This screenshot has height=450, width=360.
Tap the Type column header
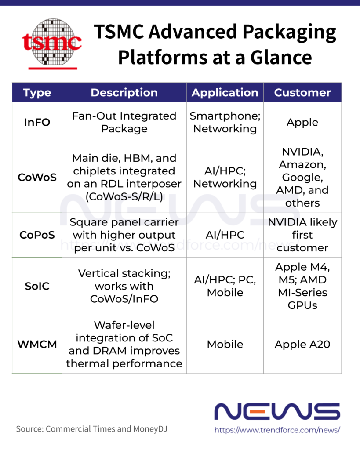37,93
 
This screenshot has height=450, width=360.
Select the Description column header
124,93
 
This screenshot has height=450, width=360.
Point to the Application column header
225,93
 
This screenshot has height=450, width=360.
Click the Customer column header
302,93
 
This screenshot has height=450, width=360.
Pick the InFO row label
37,122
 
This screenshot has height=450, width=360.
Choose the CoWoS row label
37,178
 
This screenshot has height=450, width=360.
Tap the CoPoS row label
37,235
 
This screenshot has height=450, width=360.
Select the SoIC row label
37,286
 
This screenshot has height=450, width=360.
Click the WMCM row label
37,345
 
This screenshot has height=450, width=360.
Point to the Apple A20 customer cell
302,345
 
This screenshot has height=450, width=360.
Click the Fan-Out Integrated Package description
124,122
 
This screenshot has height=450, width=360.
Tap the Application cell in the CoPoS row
225,235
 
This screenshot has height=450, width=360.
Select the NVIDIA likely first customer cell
302,235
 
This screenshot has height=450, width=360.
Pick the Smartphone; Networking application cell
225,122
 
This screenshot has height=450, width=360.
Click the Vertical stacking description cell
124,286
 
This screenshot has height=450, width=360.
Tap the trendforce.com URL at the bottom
277,430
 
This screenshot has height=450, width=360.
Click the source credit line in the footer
91,429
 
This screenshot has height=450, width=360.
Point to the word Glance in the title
281,57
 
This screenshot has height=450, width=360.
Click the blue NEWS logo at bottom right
277,411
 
